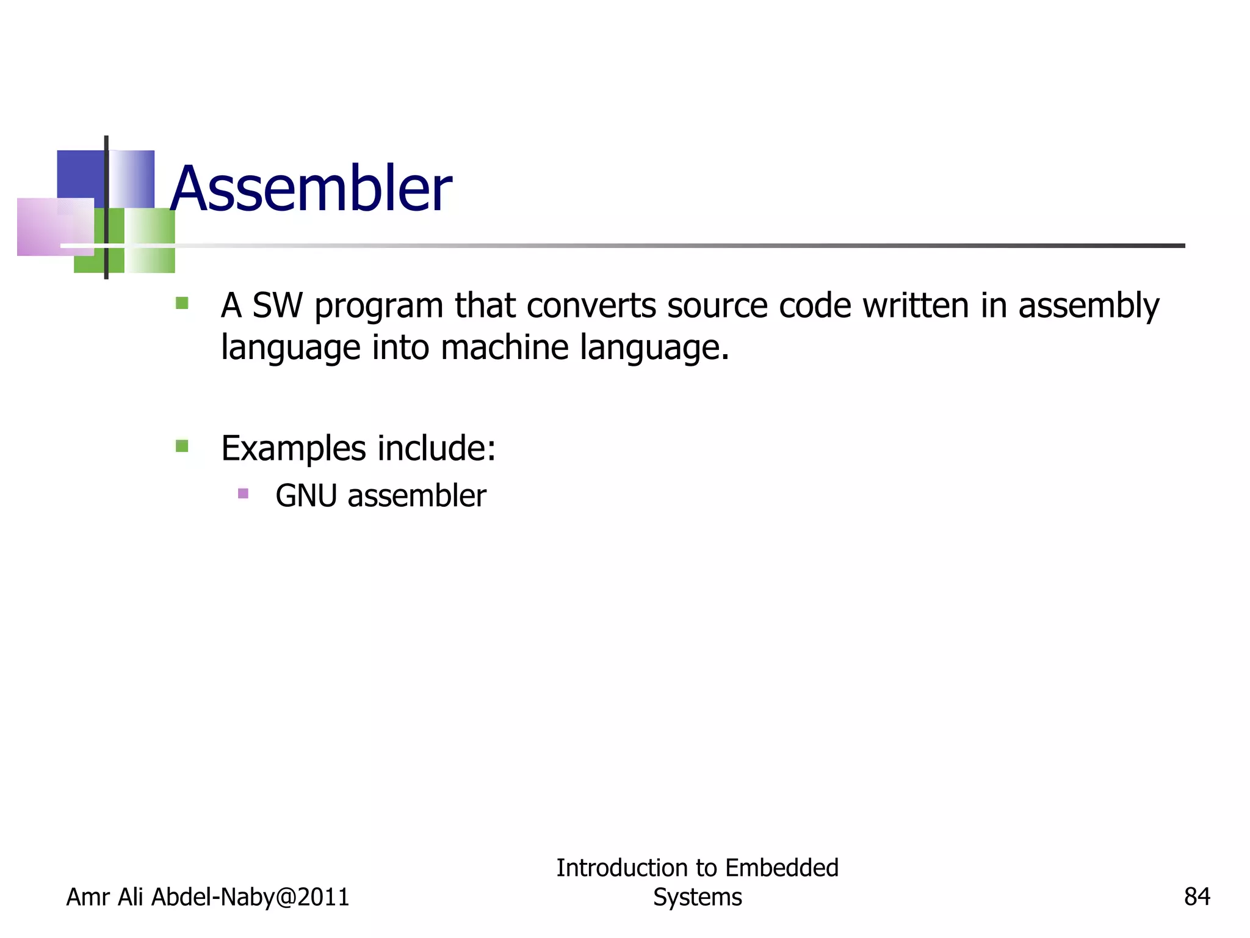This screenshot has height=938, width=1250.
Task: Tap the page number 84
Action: click(x=1197, y=897)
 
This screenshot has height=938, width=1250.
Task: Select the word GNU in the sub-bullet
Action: click(x=306, y=495)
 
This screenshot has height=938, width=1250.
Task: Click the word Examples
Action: click(x=294, y=449)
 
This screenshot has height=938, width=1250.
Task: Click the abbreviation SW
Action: click(x=277, y=305)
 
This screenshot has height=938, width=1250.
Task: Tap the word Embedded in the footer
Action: click(x=782, y=868)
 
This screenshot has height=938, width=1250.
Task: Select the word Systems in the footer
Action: click(x=698, y=897)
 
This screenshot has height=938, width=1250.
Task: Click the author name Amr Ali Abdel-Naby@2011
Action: click(x=208, y=897)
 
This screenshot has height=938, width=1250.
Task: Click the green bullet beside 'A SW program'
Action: click(x=182, y=303)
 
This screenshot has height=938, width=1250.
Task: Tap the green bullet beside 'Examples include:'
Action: click(x=182, y=446)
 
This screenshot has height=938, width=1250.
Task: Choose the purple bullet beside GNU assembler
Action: click(x=243, y=493)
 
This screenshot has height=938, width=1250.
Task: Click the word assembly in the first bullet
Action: click(x=1088, y=307)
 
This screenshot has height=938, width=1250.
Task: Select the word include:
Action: click(x=436, y=449)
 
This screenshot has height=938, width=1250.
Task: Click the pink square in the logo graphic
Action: click(x=55, y=227)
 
